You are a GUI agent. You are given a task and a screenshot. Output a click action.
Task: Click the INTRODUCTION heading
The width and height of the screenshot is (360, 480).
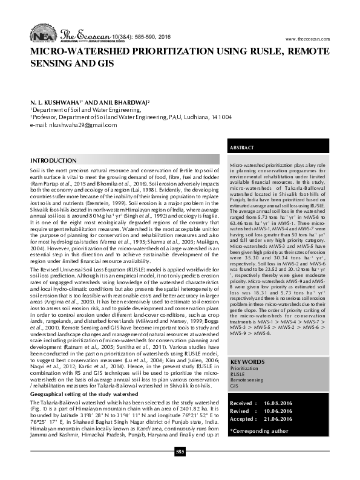[x=53, y=161]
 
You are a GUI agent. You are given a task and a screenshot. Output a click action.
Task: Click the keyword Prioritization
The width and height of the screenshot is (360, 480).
[x=244, y=369]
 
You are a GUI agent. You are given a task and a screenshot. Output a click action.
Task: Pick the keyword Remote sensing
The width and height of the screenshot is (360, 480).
[x=247, y=380]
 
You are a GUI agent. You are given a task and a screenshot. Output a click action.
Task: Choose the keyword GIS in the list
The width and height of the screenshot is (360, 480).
[x=235, y=385]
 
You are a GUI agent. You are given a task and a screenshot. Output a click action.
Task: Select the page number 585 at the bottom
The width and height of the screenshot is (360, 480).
[x=180, y=468]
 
